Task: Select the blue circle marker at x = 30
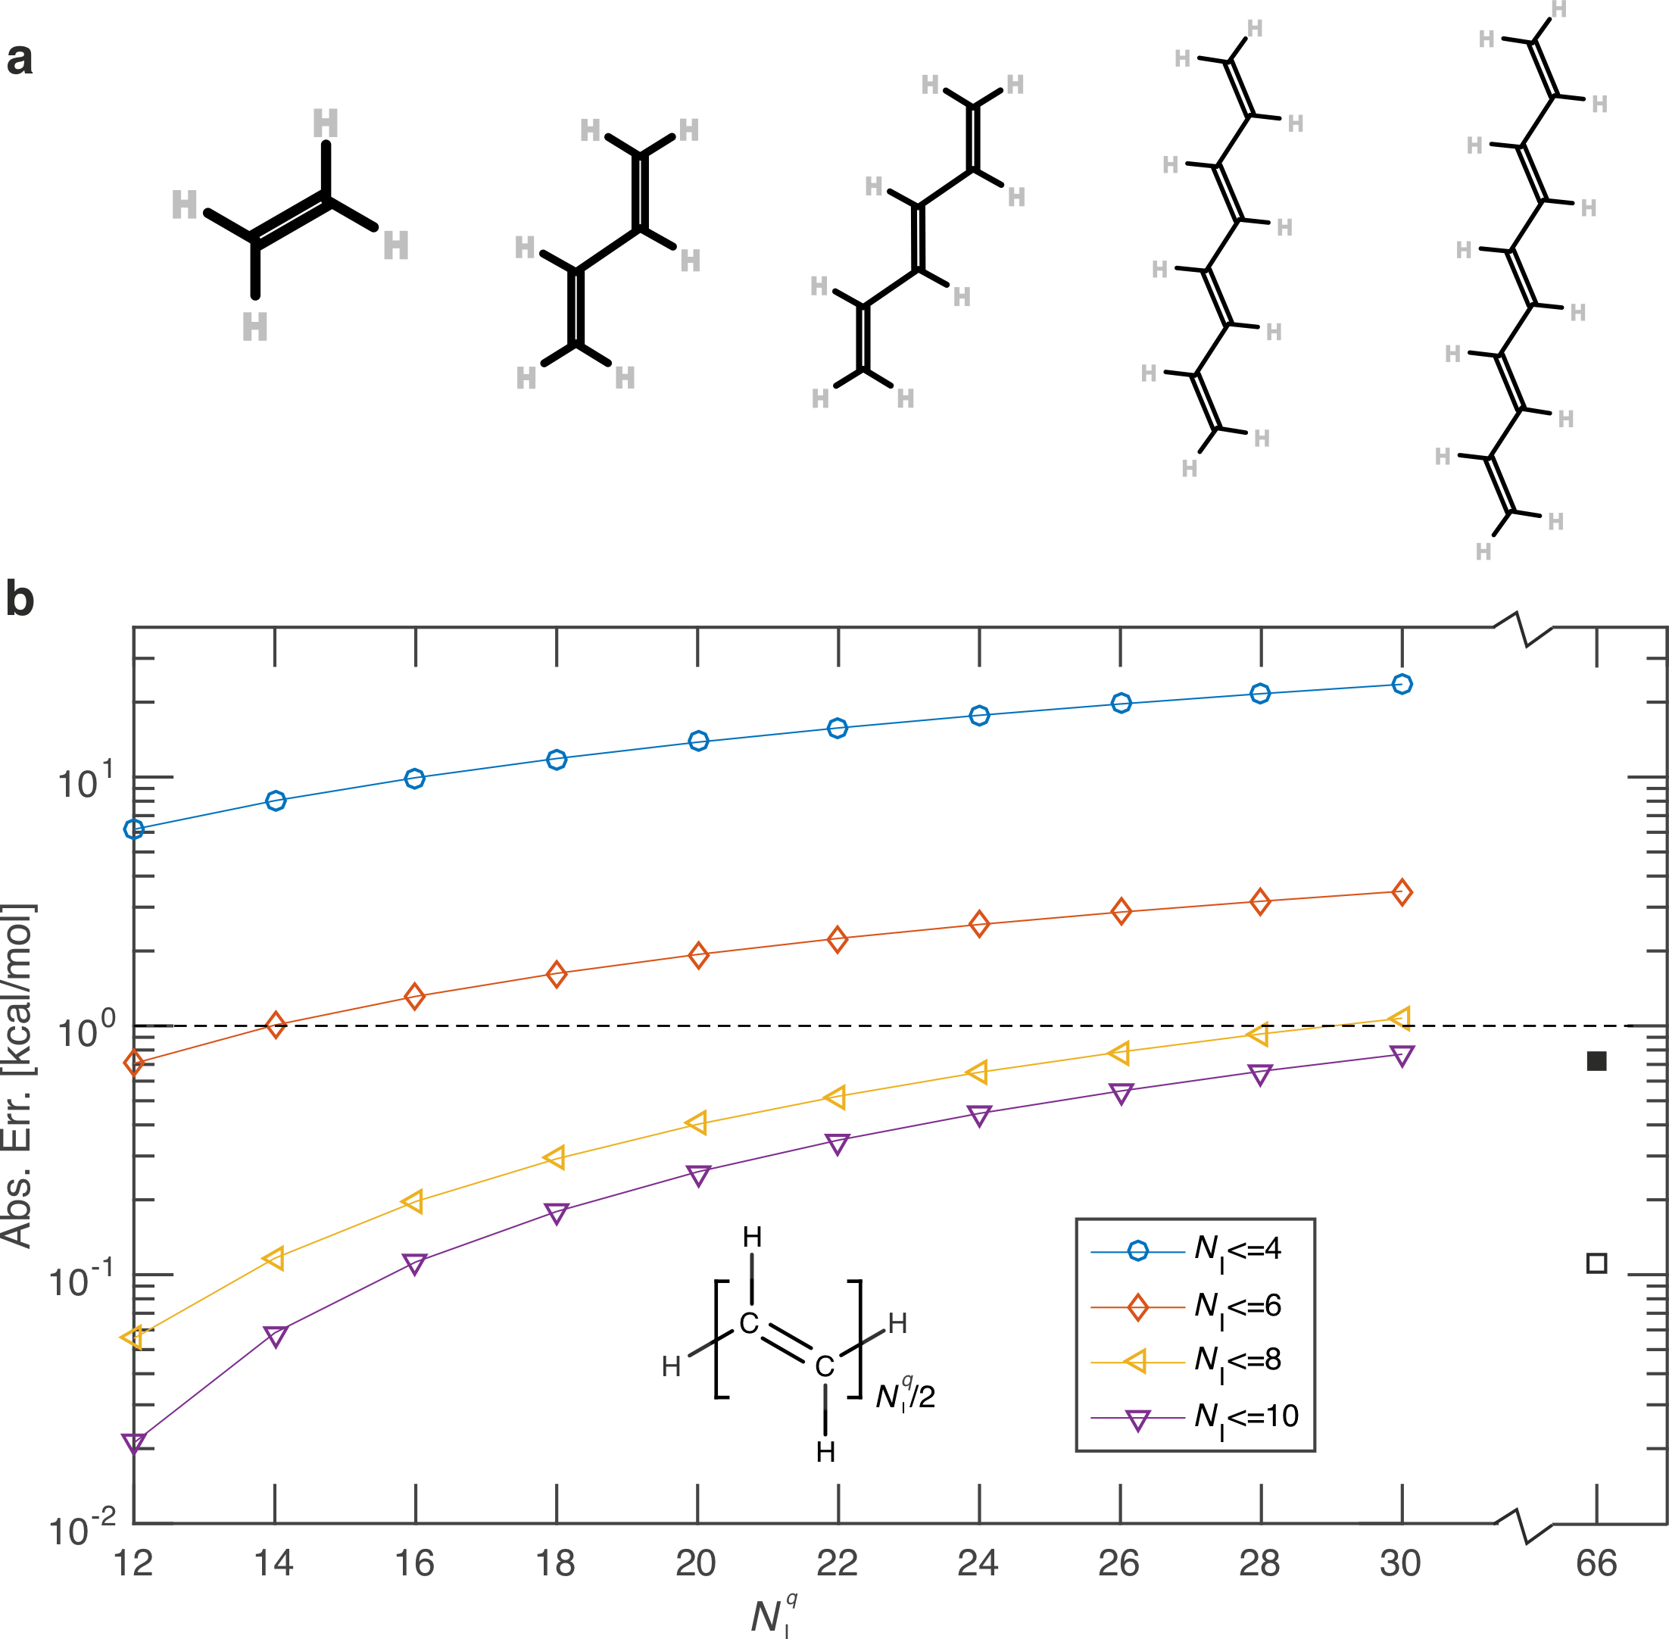point(1401,685)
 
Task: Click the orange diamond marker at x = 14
point(276,1026)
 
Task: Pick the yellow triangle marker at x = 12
point(133,1338)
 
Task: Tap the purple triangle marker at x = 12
point(133,1443)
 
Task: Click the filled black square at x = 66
point(1596,1061)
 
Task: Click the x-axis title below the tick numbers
point(773,1615)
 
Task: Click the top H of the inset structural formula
point(751,1237)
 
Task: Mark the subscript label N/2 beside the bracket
point(905,1394)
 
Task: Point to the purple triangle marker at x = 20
point(699,1176)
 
